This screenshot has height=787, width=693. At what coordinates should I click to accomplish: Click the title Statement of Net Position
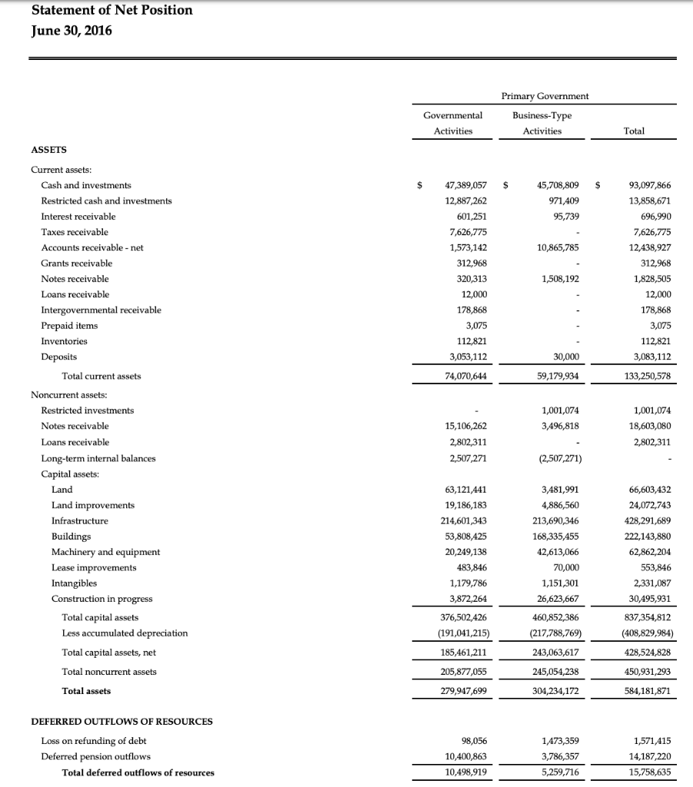point(112,10)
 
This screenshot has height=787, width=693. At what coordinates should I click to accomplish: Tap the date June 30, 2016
point(72,31)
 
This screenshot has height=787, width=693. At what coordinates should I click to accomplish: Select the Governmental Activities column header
point(453,123)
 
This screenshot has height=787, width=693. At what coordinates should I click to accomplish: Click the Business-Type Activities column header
point(542,123)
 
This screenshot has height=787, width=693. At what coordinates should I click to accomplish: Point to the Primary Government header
point(545,96)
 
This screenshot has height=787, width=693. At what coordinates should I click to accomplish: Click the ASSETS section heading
point(48,151)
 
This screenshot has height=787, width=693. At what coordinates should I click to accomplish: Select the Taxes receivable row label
point(75,232)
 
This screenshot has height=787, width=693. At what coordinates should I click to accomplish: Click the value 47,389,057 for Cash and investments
point(466,185)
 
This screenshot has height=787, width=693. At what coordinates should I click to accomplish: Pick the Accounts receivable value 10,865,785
point(555,247)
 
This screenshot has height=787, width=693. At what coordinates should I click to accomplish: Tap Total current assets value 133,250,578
point(646,376)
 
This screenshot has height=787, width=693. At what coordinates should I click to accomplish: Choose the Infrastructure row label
point(79,521)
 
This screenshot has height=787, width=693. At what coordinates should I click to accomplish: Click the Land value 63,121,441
point(466,490)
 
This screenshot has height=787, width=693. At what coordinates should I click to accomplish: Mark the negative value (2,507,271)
point(556,459)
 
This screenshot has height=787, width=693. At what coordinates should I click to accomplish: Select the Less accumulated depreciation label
point(125,633)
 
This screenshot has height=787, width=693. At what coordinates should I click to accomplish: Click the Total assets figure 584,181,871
point(646,691)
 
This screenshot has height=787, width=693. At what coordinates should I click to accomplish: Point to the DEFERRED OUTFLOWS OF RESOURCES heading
point(122,722)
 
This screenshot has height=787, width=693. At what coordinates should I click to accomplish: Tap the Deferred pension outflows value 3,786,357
point(556,757)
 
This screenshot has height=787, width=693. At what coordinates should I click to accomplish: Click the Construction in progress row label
point(102,599)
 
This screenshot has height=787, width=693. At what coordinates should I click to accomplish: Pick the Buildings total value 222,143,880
point(646,536)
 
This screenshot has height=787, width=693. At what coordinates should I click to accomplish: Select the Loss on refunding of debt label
point(94,742)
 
